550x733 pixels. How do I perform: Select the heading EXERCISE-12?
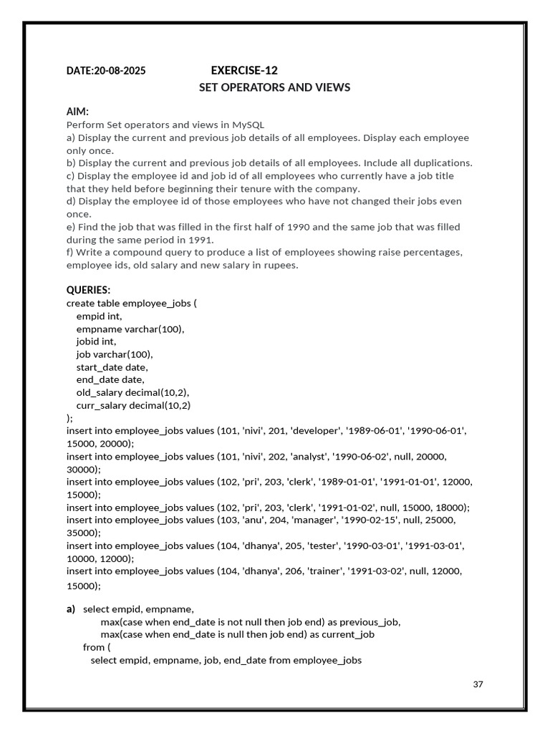coord(244,70)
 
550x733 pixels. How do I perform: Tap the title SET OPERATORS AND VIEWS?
coord(274,87)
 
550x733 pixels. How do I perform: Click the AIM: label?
coord(77,112)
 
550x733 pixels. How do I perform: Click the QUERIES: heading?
coord(89,290)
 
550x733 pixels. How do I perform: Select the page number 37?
coord(478,684)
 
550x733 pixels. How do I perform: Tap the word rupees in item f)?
coord(281,266)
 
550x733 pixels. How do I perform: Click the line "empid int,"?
coord(99,316)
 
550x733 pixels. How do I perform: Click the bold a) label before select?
coord(71,609)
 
